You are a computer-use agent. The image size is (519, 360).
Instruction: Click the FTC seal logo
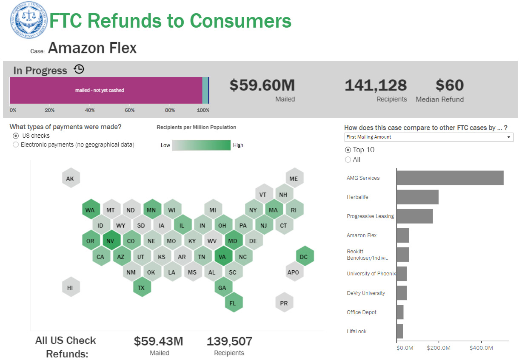[29, 20]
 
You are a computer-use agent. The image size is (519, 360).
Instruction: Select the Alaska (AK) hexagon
[70, 179]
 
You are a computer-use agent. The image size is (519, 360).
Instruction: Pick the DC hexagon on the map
[304, 256]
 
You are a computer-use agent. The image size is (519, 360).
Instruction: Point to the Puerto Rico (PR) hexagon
[284, 303]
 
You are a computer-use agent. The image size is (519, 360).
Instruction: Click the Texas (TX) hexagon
[141, 287]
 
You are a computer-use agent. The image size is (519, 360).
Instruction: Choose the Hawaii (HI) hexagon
[70, 287]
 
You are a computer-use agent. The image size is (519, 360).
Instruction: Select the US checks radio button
[16, 136]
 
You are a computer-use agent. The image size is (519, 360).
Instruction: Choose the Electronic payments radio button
[16, 145]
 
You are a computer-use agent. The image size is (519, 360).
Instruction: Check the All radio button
[348, 160]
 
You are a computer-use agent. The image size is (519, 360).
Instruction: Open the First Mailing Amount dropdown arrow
[509, 137]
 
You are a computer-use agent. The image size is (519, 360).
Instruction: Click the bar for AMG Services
[450, 178]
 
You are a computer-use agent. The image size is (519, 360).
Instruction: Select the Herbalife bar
[417, 197]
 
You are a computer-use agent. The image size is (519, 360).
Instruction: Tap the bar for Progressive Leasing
[415, 216]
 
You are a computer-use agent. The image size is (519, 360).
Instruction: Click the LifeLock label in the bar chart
[356, 332]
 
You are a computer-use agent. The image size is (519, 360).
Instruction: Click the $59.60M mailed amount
[262, 85]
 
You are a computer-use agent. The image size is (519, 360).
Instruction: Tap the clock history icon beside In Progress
[79, 69]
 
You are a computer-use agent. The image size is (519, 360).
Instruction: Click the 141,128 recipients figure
[376, 85]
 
